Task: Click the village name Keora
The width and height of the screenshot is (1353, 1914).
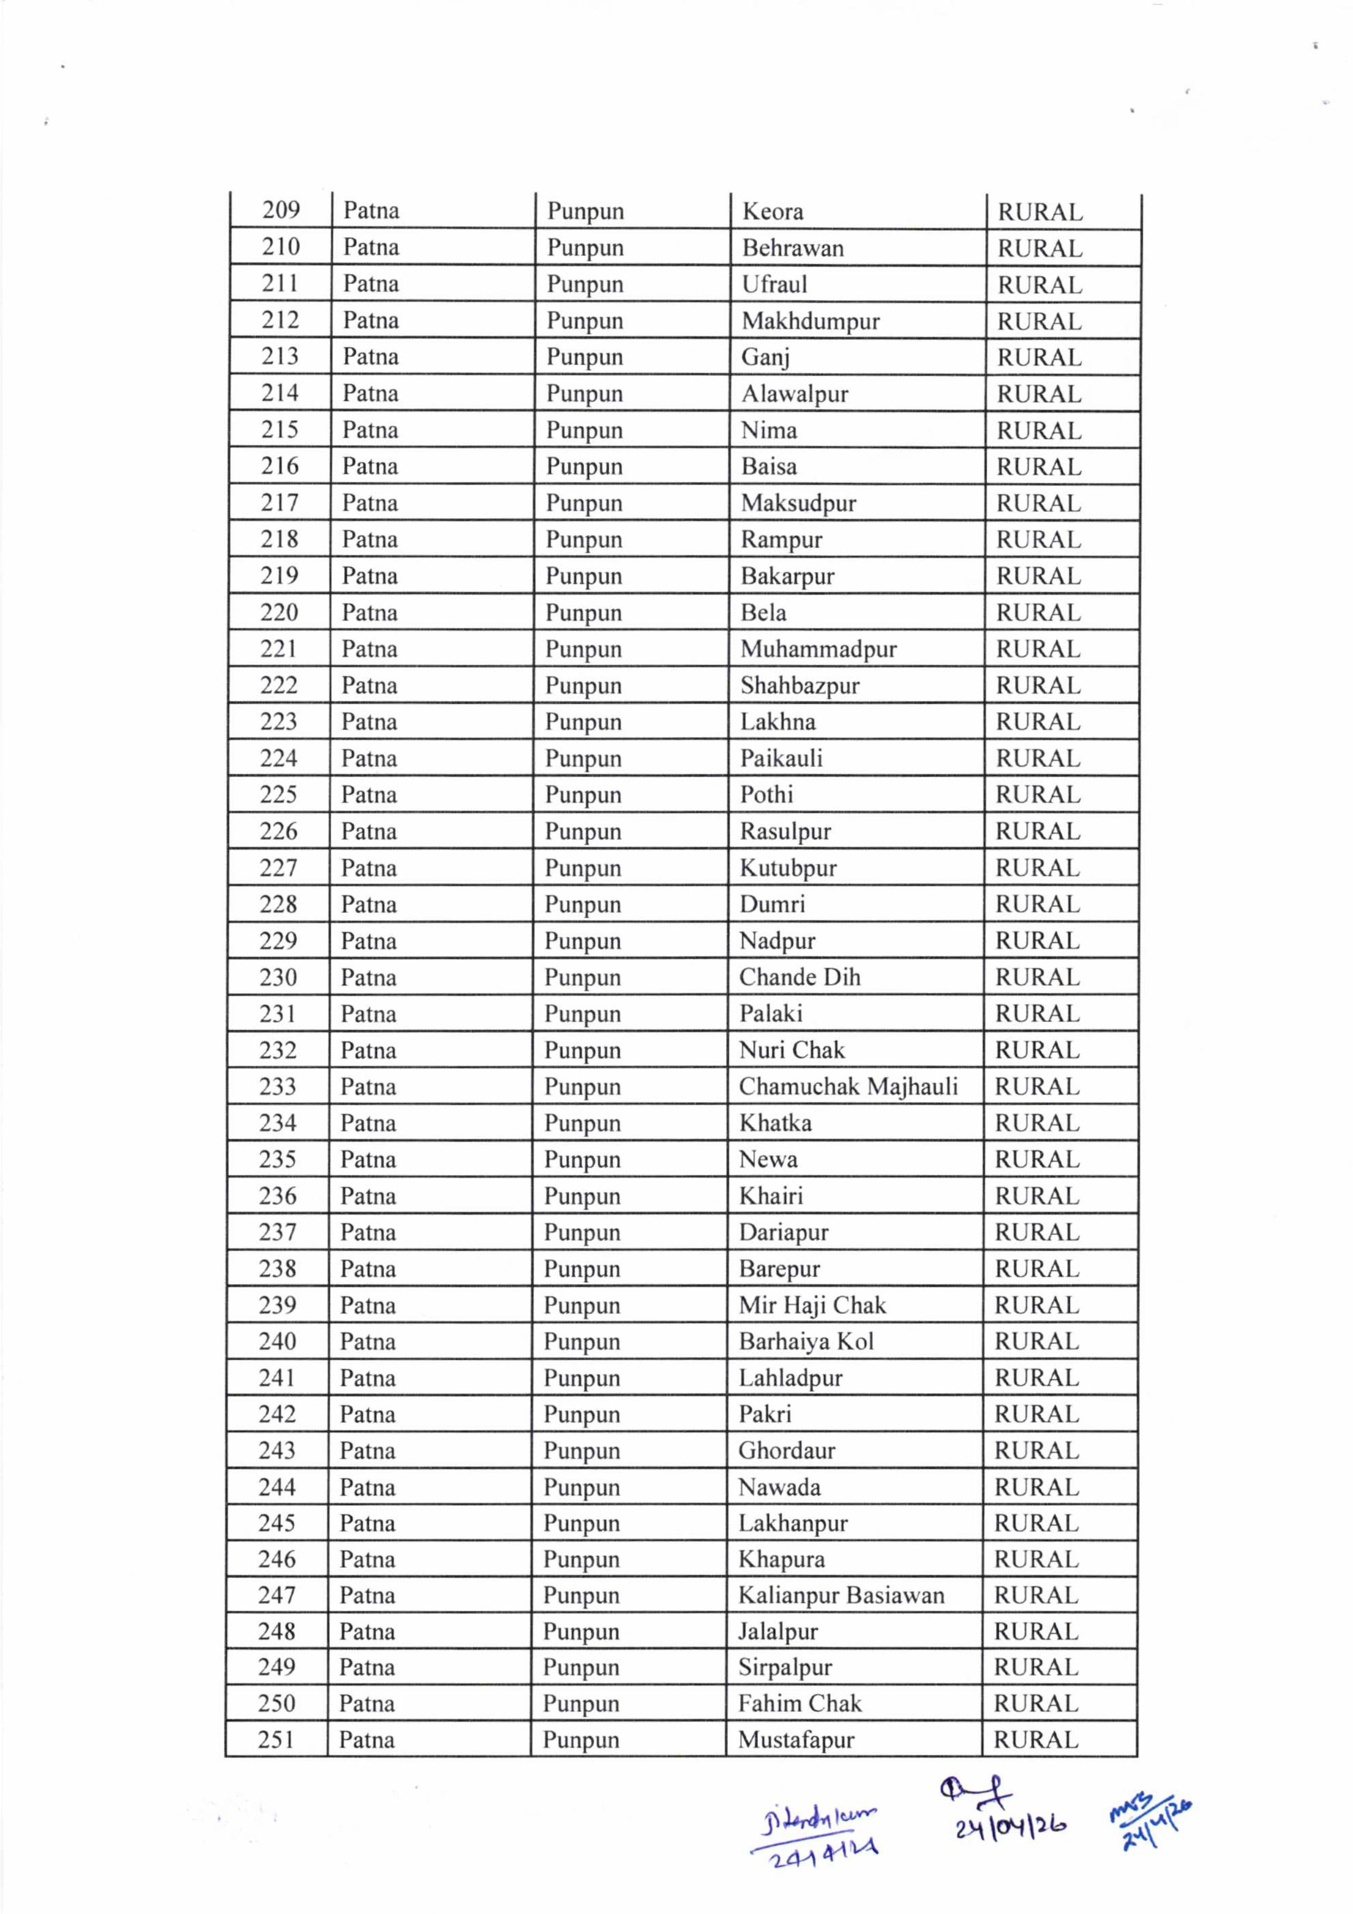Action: coord(772,212)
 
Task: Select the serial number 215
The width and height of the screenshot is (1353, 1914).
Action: coord(279,430)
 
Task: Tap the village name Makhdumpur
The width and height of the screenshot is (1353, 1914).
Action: coord(810,321)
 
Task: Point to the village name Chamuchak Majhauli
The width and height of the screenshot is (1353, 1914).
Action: coord(848,1086)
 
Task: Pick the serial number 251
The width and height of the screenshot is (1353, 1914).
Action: coord(276,1740)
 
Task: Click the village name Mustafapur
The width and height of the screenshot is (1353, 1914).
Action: coord(795,1740)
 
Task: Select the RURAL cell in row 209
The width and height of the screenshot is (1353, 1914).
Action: coord(1039,213)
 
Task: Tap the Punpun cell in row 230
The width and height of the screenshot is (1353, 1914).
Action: coord(582,978)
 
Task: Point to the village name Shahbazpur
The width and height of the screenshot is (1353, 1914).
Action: coord(799,685)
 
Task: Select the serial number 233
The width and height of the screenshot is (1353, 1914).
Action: coord(278,1086)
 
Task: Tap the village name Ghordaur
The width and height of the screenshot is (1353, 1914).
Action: coord(786,1451)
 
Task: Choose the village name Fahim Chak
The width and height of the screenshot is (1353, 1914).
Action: coord(799,1704)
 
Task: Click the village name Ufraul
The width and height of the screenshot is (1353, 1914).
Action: coord(775,284)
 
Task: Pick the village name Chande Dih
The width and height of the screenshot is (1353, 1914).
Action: coord(799,977)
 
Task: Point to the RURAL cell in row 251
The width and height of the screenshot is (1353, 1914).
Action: coord(1035,1740)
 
